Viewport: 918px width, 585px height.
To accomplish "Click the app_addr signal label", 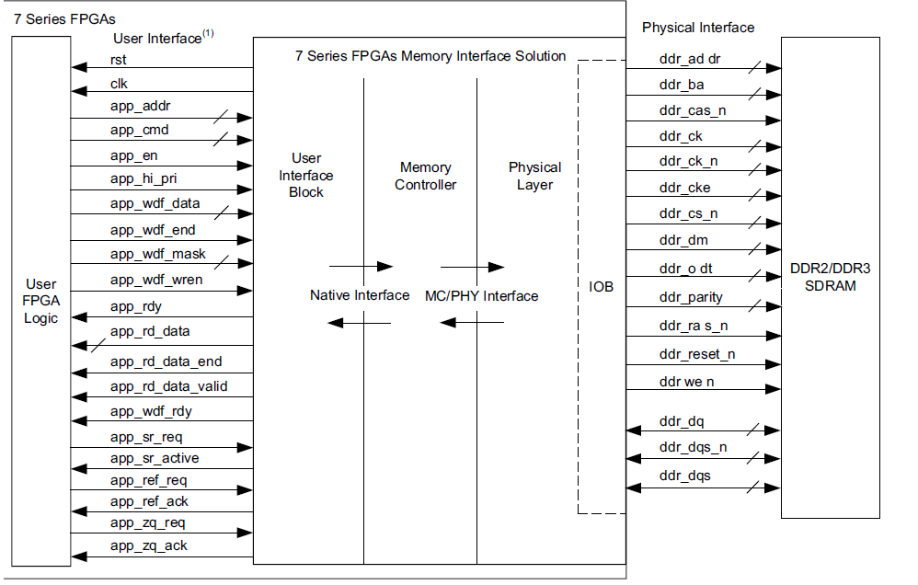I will click(140, 107).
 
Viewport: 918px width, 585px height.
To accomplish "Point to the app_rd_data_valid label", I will click(168, 386).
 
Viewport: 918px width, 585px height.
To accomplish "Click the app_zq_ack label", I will click(148, 545).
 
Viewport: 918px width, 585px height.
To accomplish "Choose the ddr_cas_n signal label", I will click(693, 110).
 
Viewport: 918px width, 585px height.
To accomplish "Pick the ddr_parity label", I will click(691, 297).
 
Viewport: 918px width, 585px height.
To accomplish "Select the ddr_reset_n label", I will click(696, 354).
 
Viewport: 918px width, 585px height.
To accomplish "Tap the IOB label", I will click(601, 287).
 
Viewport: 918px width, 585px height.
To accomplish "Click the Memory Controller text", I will click(425, 176).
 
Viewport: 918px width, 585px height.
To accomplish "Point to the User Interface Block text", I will click(306, 175).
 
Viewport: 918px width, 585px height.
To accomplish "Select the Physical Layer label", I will click(534, 176).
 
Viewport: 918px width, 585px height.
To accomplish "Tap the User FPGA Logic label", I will click(41, 301).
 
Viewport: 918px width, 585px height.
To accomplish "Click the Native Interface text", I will click(359, 295).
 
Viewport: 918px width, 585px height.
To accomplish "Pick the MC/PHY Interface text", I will click(481, 295).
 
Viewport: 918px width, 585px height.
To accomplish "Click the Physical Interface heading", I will click(697, 28).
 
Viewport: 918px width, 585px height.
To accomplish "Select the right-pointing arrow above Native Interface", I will click(361, 267).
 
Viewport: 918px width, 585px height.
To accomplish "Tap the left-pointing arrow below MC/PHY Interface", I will click(472, 323).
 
